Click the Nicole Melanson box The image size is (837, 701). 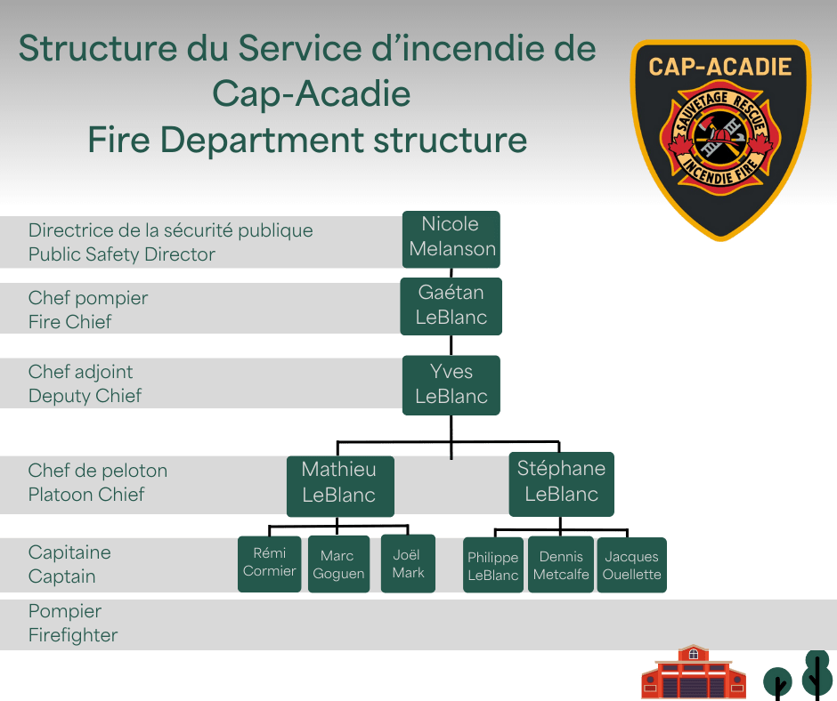point(451,238)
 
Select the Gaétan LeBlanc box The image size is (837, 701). point(451,305)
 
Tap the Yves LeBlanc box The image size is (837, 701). point(451,384)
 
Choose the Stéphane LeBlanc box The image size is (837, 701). point(561,483)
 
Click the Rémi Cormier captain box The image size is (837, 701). point(269,563)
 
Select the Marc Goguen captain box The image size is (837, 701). point(338,565)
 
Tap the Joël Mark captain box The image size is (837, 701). point(408,563)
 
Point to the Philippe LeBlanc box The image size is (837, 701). point(492,567)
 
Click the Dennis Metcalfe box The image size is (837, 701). point(561,566)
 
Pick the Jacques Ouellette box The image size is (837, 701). point(631,566)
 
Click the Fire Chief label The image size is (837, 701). point(70,322)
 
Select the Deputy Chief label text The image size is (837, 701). point(85,396)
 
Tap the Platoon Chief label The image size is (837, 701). point(86,495)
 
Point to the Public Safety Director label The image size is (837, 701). point(122,254)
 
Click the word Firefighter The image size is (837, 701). point(73,635)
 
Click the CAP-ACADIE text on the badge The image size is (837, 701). point(719,67)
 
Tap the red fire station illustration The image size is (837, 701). point(693,675)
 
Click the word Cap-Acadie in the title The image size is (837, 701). point(311,93)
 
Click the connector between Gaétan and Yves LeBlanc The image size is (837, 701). point(451,345)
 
